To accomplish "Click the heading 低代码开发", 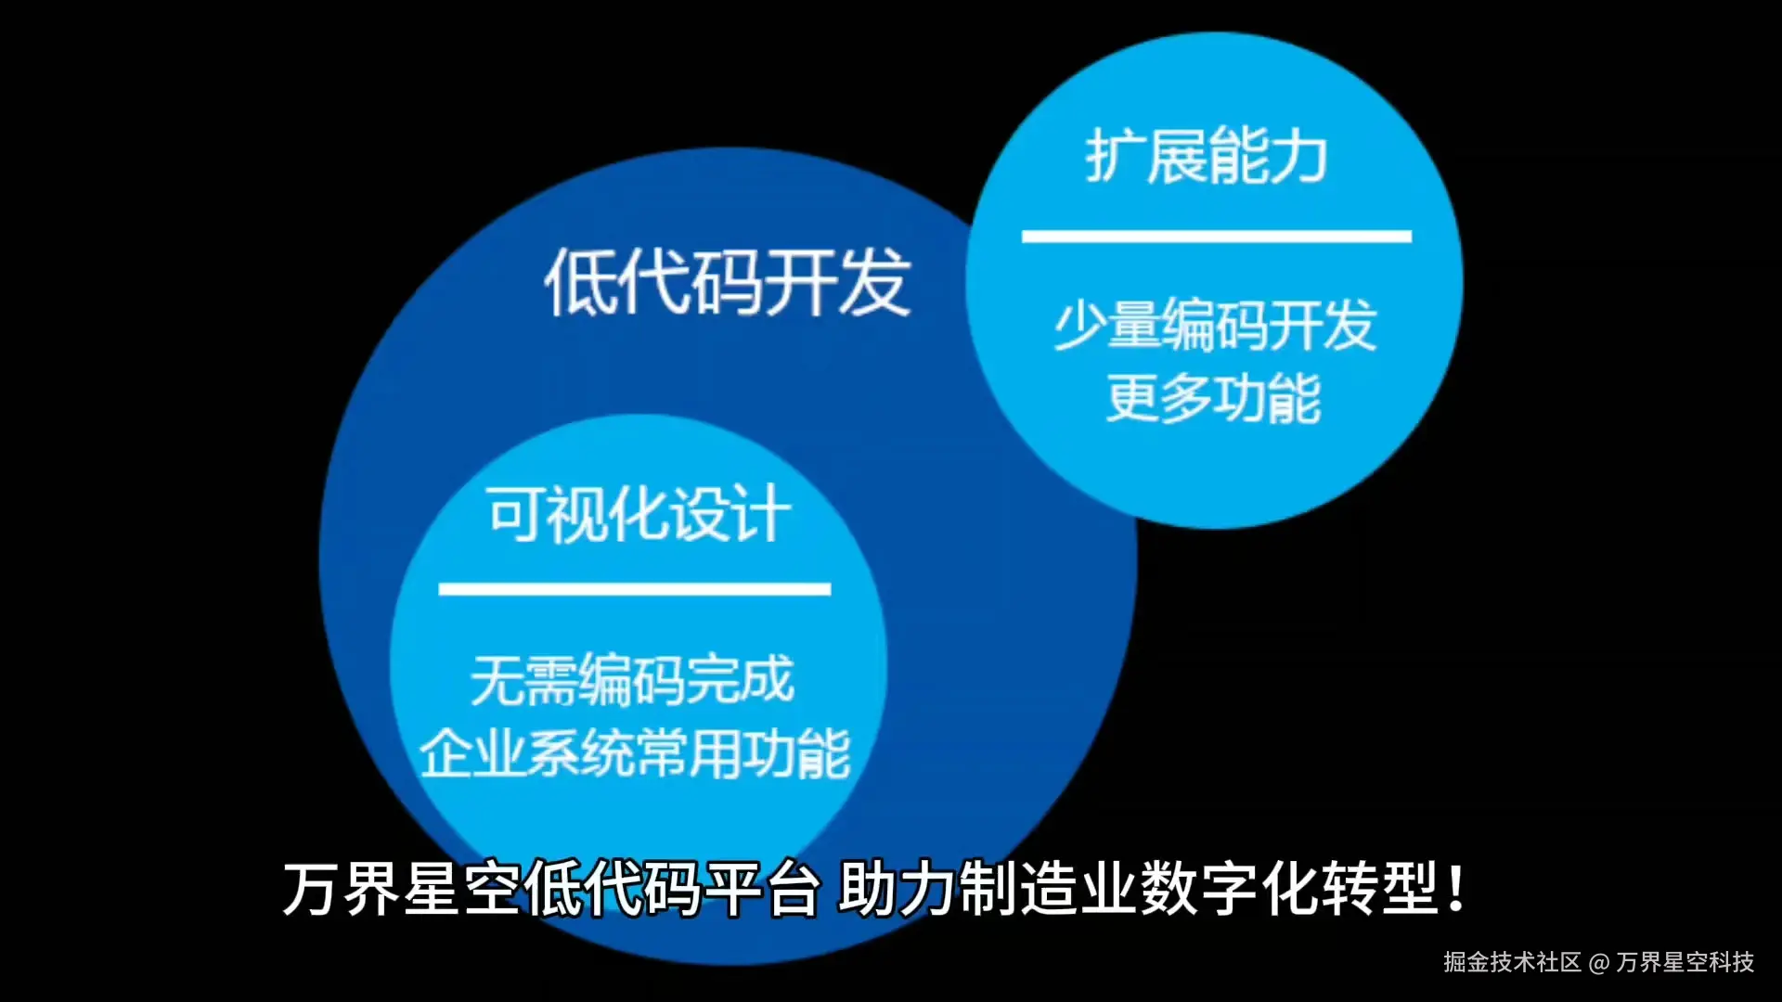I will point(727,282).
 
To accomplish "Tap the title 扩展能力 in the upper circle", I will point(1206,156).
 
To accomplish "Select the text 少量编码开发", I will point(1214,326).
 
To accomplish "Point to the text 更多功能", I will point(1213,398).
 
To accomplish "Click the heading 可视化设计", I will point(639,514).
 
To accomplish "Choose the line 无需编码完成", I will point(632,679).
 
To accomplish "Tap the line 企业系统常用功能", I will point(635,752).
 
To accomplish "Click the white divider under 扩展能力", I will point(1216,237).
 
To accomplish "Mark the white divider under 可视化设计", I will point(634,589).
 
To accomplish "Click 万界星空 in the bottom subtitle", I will point(401,889).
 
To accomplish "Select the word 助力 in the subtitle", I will point(897,889).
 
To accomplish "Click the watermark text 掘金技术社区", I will point(1512,962).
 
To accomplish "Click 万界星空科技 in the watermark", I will point(1685,962).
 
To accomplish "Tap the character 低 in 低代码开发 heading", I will point(577,282).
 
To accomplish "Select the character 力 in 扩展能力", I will point(1298,156).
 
